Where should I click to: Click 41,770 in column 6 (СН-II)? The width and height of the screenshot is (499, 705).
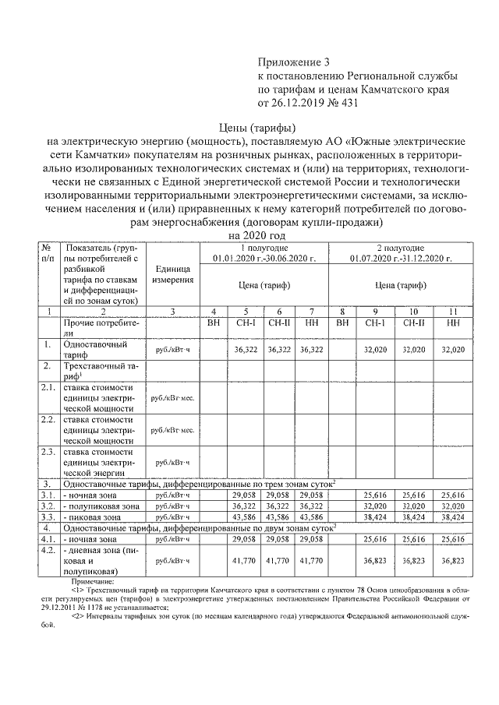click(x=278, y=560)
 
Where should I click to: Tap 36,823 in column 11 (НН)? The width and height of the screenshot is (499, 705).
click(x=453, y=560)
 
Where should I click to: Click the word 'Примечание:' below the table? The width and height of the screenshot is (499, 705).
click(x=91, y=581)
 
